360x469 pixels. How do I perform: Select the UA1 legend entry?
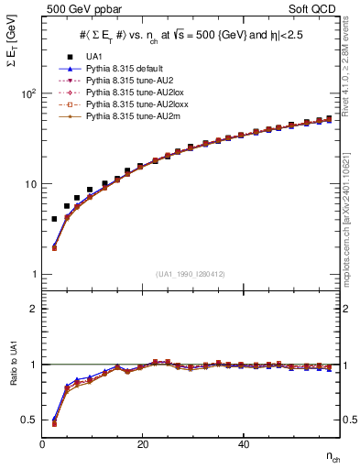(94, 57)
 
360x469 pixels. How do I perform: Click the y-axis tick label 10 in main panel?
(29, 184)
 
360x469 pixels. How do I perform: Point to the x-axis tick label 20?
(142, 444)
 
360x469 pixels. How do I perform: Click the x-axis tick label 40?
(242, 444)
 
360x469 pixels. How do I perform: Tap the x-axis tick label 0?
(42, 444)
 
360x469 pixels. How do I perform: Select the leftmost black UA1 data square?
(54, 219)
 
